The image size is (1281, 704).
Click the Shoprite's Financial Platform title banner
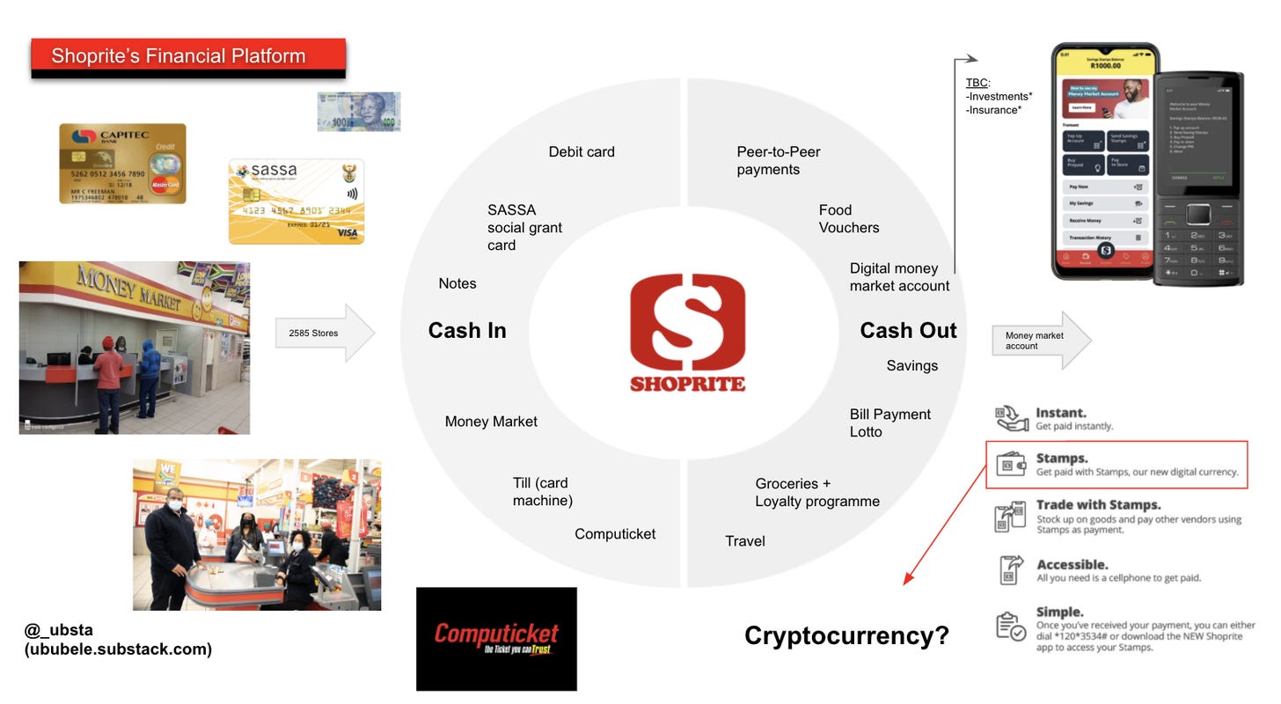click(187, 57)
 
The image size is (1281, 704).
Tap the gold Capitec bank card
click(122, 164)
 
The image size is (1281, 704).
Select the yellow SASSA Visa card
click(296, 202)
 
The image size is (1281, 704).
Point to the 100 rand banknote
click(358, 112)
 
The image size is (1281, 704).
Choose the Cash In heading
click(466, 330)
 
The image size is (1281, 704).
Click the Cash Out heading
click(907, 330)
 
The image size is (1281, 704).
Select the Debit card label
click(582, 151)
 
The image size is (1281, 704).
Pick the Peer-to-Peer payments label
click(778, 160)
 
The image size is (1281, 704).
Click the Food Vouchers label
click(848, 218)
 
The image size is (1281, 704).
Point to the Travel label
click(744, 541)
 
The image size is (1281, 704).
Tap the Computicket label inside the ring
click(615, 533)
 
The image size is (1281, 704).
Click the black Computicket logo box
click(496, 639)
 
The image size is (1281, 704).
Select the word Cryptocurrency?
click(846, 635)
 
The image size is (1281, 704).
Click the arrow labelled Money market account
click(1041, 341)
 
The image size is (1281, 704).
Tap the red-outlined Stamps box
click(1116, 465)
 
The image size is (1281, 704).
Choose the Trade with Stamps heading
click(1098, 505)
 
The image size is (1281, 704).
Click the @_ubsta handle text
click(59, 630)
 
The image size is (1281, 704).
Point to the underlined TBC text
click(977, 83)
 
